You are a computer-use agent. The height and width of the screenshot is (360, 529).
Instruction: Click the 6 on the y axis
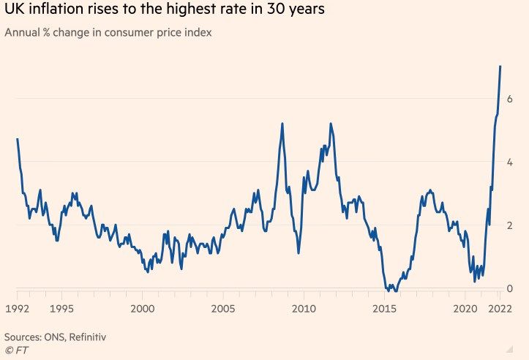pyautogui.click(x=509, y=99)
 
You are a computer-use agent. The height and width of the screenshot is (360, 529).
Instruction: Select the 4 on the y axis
pyautogui.click(x=509, y=162)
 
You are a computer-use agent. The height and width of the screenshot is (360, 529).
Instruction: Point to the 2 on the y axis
pyautogui.click(x=509, y=225)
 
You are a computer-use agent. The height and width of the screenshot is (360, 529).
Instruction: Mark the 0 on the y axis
pyautogui.click(x=509, y=289)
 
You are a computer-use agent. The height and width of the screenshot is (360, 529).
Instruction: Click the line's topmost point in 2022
pyautogui.click(x=500, y=67)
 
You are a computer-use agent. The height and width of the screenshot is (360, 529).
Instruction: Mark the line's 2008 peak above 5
pyautogui.click(x=282, y=124)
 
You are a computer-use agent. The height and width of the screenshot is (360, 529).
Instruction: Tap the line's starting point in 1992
pyautogui.click(x=18, y=139)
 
